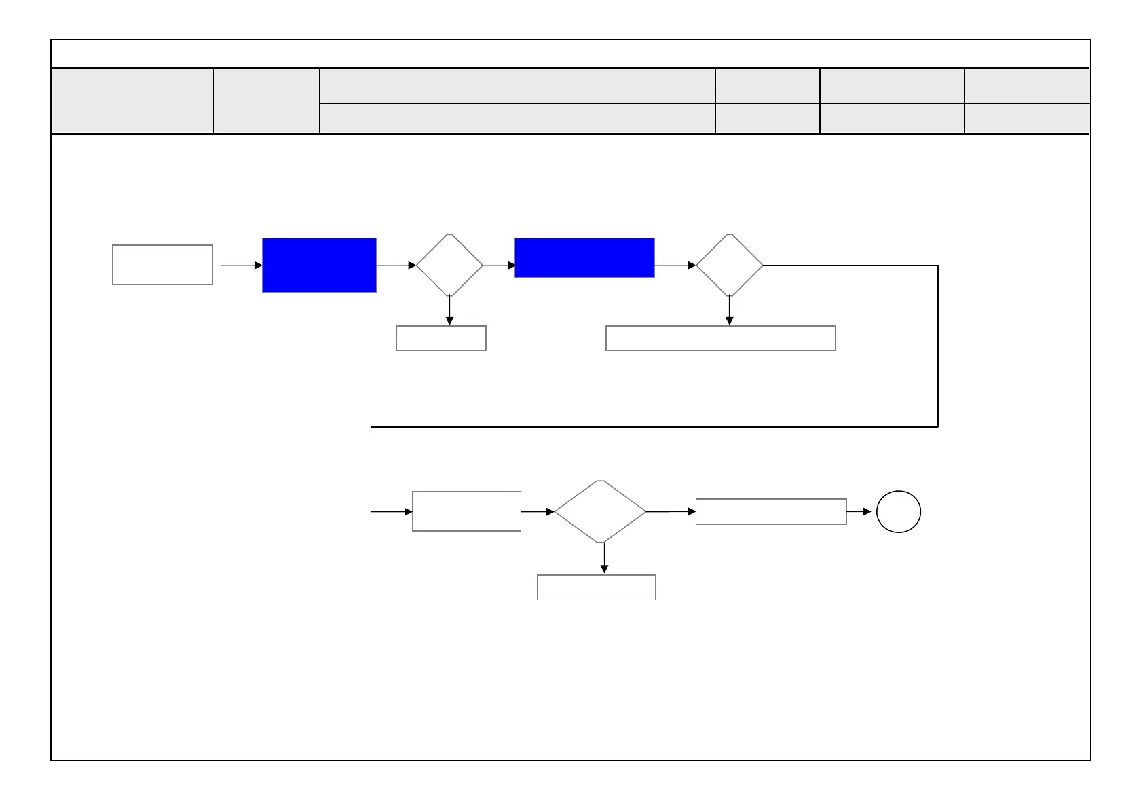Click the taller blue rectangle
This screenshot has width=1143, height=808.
[x=319, y=265]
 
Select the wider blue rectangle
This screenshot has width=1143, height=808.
[x=584, y=257]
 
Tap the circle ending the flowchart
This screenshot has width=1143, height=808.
[x=898, y=512]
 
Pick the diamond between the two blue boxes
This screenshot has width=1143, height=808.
[x=449, y=265]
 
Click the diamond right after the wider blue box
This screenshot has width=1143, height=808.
[x=730, y=265]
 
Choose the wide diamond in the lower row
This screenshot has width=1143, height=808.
[x=601, y=511]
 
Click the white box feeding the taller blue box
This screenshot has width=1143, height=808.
[x=162, y=265]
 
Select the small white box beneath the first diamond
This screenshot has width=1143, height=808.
[x=441, y=338]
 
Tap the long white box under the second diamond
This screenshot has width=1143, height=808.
[x=720, y=338]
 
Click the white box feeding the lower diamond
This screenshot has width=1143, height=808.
[x=466, y=511]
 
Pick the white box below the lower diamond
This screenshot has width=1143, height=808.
[x=596, y=587]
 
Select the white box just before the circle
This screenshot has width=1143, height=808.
[x=770, y=511]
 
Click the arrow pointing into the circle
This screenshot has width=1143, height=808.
[x=859, y=511]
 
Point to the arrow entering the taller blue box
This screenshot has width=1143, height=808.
[x=241, y=265]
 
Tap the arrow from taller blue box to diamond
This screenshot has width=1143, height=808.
[x=396, y=265]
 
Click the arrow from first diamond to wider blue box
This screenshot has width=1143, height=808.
[x=499, y=265]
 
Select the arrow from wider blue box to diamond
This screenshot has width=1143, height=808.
[x=675, y=265]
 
